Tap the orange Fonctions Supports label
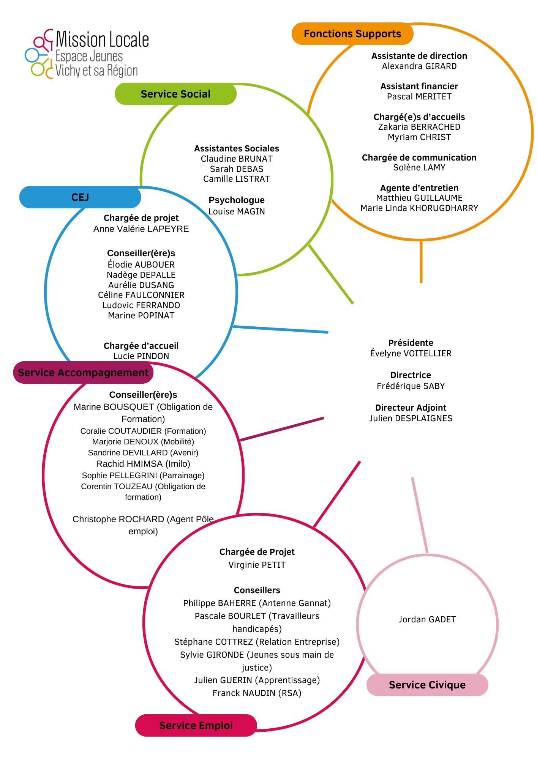coord(352,34)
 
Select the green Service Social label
coord(175,94)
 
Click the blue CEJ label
coord(80,197)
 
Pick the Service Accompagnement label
coord(83,373)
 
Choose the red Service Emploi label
coord(196,725)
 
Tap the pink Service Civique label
coord(427,685)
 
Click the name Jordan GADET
coord(427,619)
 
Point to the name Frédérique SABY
coord(411,386)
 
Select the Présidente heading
coord(411,343)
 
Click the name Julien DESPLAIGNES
coord(411,418)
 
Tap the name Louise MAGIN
coord(237,211)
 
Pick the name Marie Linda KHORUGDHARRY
coord(419,208)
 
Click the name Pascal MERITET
coord(419,96)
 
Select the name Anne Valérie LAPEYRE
coord(141,229)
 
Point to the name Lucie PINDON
coord(141,356)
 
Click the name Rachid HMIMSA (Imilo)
coord(143,464)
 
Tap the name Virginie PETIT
coord(257,565)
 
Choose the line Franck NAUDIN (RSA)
coord(257,693)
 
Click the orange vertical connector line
coord(421,261)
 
